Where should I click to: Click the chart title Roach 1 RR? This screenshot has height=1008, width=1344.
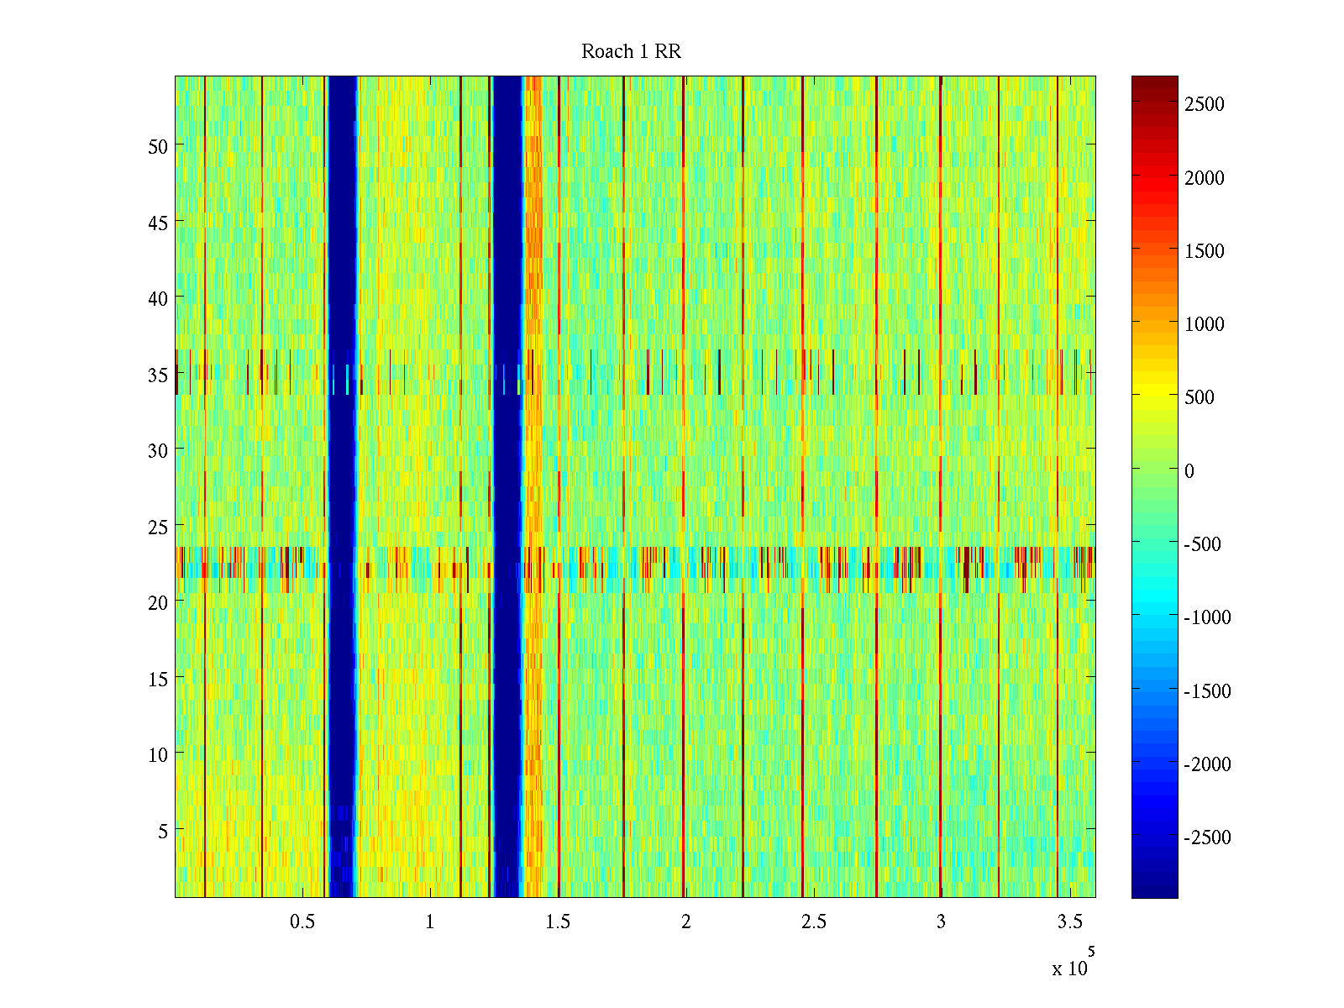pyautogui.click(x=631, y=52)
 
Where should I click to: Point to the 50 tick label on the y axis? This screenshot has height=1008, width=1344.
pyautogui.click(x=158, y=146)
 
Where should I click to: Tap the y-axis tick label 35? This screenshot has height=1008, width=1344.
pyautogui.click(x=158, y=375)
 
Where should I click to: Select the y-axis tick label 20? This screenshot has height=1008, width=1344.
pyautogui.click(x=158, y=602)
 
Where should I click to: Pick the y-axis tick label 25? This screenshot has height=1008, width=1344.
pyautogui.click(x=158, y=527)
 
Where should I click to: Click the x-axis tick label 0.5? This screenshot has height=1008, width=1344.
pyautogui.click(x=302, y=922)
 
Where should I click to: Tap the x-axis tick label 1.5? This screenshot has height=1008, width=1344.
pyautogui.click(x=558, y=922)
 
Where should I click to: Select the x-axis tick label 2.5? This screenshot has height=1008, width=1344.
pyautogui.click(x=814, y=922)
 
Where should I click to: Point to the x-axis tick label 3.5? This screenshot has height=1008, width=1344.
pyautogui.click(x=1069, y=922)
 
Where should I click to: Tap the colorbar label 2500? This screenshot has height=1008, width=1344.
pyautogui.click(x=1205, y=104)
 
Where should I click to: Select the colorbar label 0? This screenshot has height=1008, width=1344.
pyautogui.click(x=1189, y=471)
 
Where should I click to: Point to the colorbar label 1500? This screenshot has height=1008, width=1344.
pyautogui.click(x=1205, y=251)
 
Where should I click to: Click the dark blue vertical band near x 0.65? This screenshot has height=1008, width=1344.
pyautogui.click(x=342, y=487)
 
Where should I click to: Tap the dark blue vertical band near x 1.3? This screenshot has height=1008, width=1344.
pyautogui.click(x=507, y=487)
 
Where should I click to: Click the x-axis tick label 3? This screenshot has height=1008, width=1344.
pyautogui.click(x=941, y=922)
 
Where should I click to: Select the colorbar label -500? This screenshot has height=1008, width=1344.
pyautogui.click(x=1203, y=544)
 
